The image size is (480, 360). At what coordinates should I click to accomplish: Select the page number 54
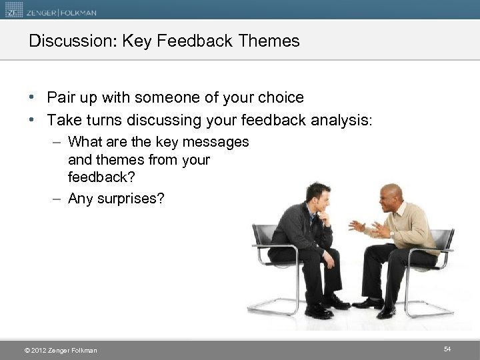(447, 349)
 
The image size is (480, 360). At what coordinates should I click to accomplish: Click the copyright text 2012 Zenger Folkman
(61, 350)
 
